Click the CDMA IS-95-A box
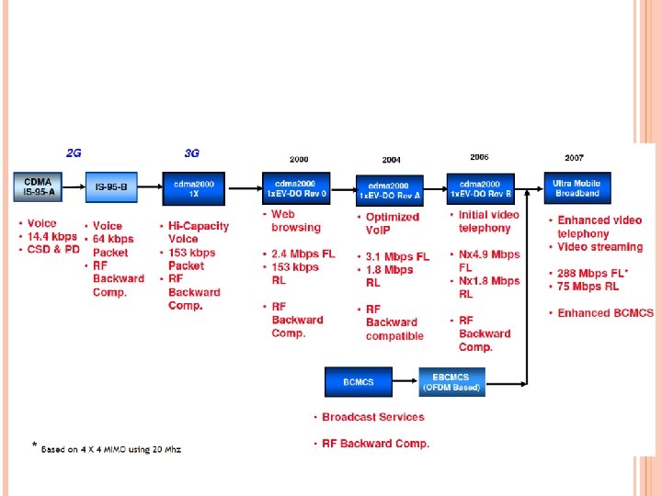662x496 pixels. (x=40, y=187)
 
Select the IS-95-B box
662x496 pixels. (x=111, y=187)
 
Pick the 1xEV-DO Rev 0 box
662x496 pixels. (x=296, y=188)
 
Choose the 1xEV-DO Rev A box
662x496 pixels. (x=390, y=190)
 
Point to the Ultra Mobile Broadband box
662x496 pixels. (x=576, y=188)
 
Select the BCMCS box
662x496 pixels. (x=358, y=381)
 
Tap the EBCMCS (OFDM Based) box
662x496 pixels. (x=451, y=381)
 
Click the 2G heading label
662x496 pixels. (x=74, y=153)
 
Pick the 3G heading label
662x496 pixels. (x=191, y=153)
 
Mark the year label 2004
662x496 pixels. (x=392, y=160)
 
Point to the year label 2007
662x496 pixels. (x=574, y=158)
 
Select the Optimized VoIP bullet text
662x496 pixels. (x=392, y=223)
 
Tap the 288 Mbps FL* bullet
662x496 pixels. (x=593, y=273)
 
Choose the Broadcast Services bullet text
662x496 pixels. (x=372, y=417)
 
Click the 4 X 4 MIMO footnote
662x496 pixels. (x=110, y=449)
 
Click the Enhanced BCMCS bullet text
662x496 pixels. (x=605, y=313)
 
